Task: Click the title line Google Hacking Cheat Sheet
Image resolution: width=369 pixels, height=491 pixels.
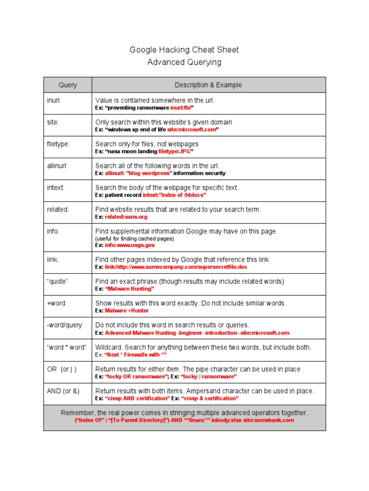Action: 184,50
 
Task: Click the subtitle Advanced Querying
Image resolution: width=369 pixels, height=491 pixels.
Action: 184,62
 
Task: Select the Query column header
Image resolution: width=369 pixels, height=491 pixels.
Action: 68,85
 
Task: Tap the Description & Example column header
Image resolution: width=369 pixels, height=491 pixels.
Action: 208,85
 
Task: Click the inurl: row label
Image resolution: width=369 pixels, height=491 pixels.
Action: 54,100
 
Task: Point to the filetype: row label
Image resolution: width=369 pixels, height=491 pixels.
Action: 58,144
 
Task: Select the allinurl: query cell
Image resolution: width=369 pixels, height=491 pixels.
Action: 57,166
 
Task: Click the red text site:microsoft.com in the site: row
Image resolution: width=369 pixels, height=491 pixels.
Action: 191,129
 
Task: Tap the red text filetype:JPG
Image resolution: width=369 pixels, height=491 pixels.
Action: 175,152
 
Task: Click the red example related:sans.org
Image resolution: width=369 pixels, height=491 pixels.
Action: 126,217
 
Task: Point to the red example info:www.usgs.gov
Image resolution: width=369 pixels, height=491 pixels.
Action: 130,245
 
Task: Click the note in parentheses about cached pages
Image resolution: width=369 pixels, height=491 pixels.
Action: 135,238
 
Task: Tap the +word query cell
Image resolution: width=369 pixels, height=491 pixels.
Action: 56,303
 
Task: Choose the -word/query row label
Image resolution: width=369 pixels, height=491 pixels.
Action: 64,325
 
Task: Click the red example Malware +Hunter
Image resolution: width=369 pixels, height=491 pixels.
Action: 127,311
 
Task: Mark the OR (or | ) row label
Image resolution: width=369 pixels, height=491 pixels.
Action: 61,369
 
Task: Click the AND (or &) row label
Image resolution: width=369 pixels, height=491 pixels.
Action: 63,391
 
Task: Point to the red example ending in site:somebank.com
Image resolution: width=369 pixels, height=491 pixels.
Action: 184,421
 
